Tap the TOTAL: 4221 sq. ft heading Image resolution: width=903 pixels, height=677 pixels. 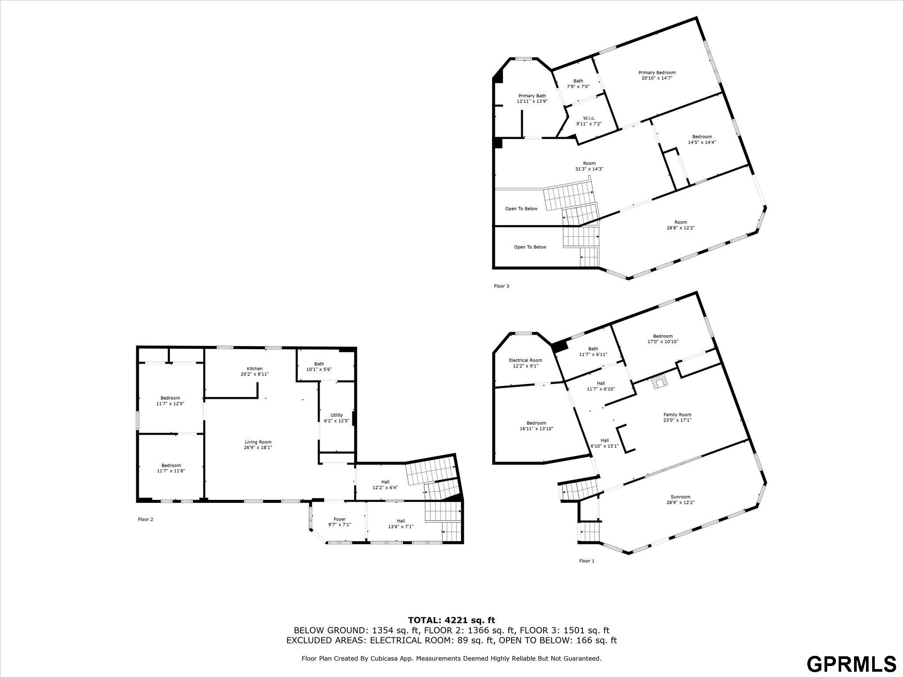click(x=451, y=621)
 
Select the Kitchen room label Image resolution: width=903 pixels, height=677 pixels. click(x=255, y=368)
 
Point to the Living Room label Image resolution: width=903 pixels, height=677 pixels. click(x=258, y=442)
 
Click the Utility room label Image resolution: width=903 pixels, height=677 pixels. click(x=336, y=415)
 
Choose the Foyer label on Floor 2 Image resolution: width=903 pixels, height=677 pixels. click(x=340, y=519)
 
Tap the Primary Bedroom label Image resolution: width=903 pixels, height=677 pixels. click(x=657, y=73)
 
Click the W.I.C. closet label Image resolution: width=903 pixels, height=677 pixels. click(x=589, y=118)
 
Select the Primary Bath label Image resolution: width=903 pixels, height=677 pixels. click(x=532, y=96)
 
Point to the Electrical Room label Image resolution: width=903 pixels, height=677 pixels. click(x=526, y=360)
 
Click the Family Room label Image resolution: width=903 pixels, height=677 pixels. click(x=678, y=415)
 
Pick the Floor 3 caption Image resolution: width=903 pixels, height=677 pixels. click(x=501, y=286)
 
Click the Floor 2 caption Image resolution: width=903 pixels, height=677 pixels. click(x=146, y=519)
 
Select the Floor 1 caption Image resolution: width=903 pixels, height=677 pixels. click(x=587, y=561)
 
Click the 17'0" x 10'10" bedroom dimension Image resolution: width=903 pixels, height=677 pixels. click(x=663, y=342)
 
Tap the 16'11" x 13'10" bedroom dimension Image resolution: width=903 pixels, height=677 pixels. click(x=536, y=428)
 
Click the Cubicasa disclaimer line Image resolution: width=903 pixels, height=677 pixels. click(x=451, y=658)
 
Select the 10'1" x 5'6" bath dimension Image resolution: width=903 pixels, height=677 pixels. click(x=319, y=369)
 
